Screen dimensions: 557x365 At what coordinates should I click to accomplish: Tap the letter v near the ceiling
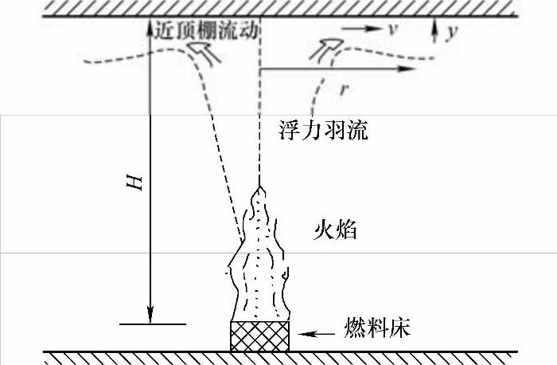point(391,29)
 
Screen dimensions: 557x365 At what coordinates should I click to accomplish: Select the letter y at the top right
point(453,33)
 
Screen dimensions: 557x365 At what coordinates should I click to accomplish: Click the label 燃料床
point(377,328)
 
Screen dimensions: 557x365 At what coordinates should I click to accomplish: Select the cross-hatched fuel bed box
point(259,336)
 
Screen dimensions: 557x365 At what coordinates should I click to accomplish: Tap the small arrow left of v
point(361,28)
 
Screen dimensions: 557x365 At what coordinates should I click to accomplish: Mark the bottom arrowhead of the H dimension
point(150,312)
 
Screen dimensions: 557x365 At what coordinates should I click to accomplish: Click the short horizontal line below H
point(152,324)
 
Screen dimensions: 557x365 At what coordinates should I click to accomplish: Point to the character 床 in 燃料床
point(399,328)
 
